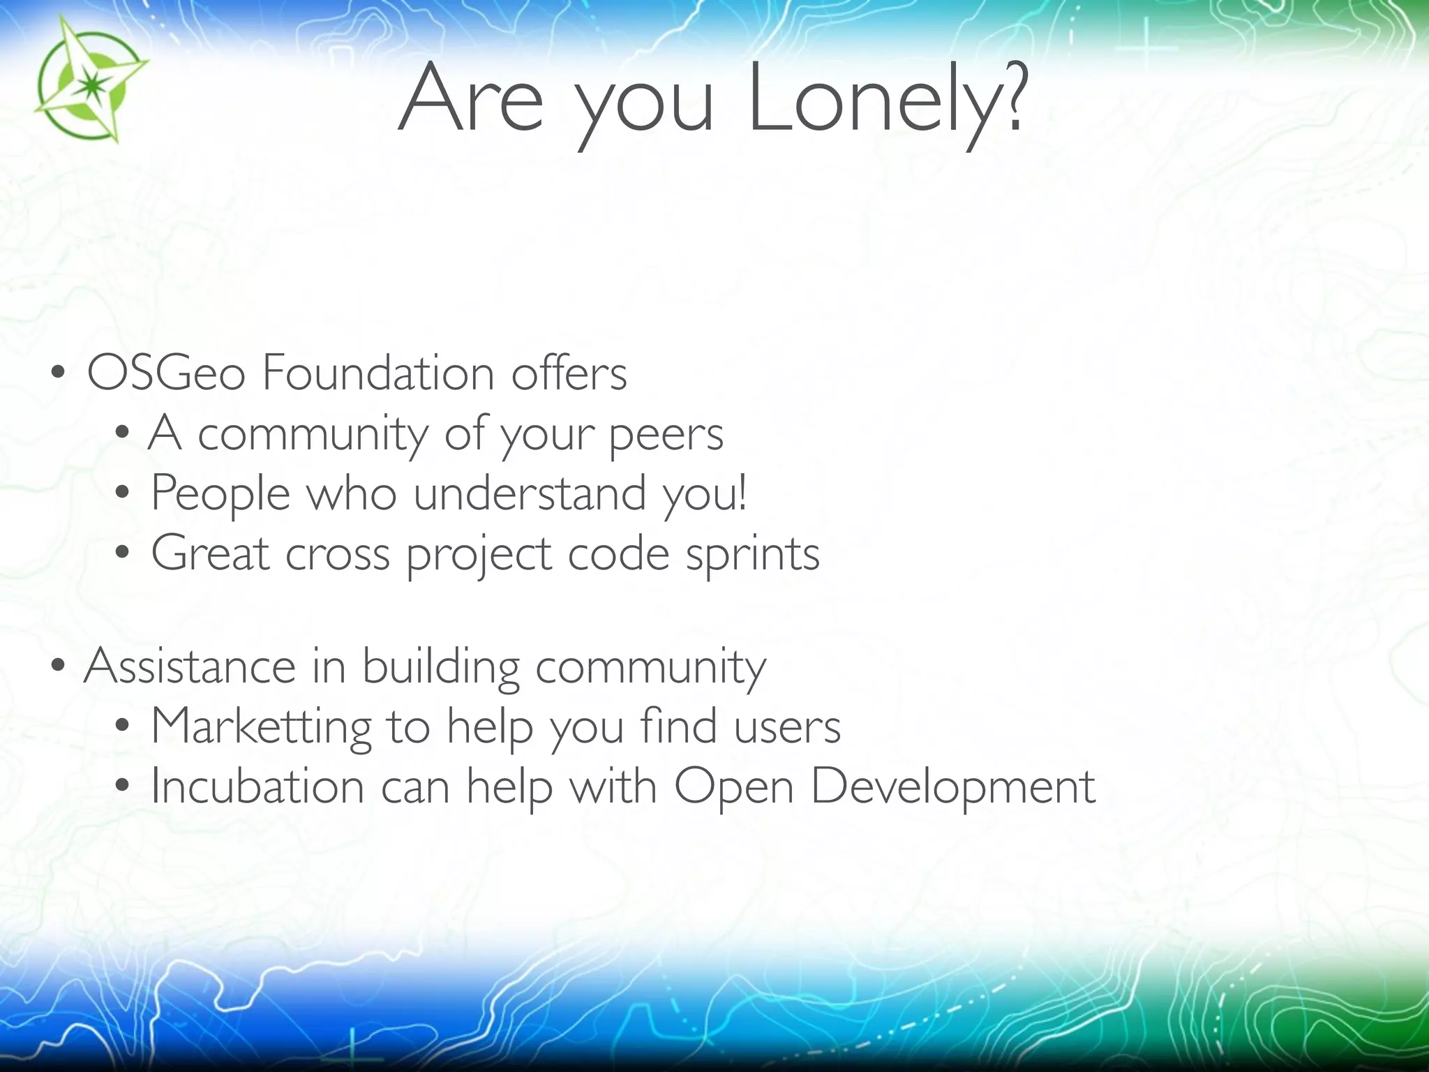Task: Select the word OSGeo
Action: pyautogui.click(x=166, y=373)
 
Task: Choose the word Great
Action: pyautogui.click(x=210, y=553)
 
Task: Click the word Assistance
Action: pyautogui.click(x=189, y=666)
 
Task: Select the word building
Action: pyautogui.click(x=440, y=667)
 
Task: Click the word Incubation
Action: pyautogui.click(x=257, y=787)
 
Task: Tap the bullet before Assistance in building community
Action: pyautogui.click(x=58, y=667)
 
